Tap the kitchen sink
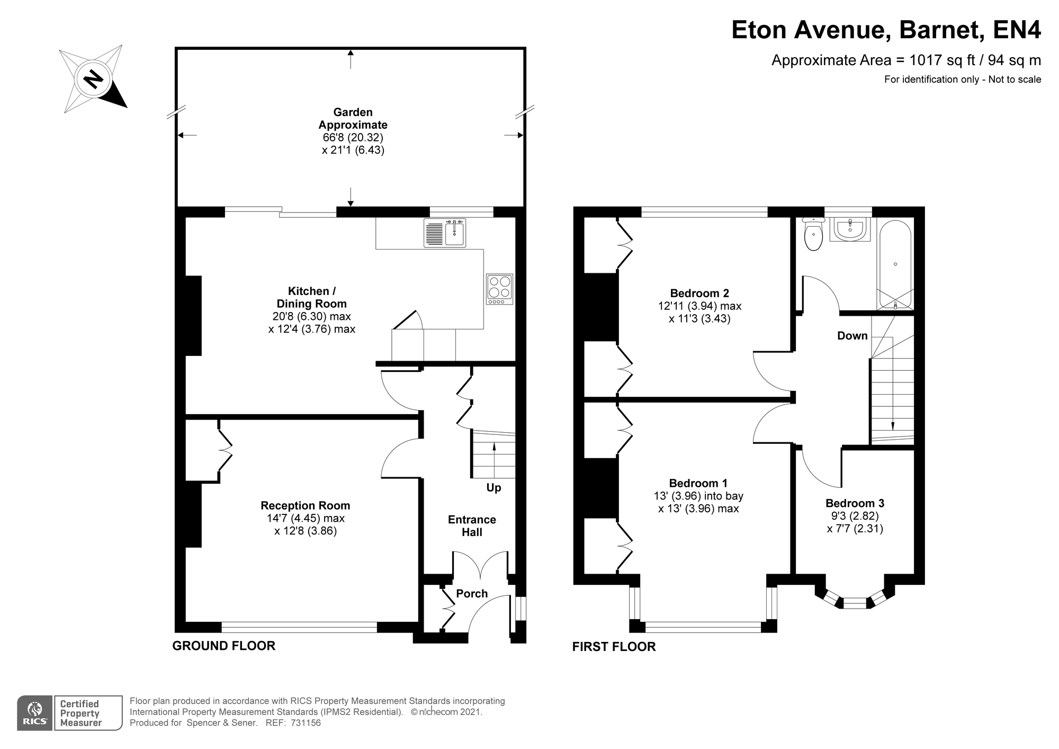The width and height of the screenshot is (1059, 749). (445, 233)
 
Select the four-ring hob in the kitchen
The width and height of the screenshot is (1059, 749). (500, 289)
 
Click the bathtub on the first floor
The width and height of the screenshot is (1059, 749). (895, 265)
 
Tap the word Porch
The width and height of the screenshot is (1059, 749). (472, 594)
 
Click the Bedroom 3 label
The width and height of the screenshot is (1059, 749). (855, 503)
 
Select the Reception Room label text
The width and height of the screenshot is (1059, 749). (306, 506)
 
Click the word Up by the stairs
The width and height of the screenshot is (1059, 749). (493, 488)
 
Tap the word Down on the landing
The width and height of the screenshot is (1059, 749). (852, 336)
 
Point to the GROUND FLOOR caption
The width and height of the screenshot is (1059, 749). (224, 646)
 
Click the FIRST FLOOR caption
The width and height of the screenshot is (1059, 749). (614, 647)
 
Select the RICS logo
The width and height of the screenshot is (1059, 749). (35, 713)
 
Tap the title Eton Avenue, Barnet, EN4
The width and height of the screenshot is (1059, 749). (886, 30)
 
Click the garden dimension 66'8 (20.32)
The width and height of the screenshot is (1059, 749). (353, 138)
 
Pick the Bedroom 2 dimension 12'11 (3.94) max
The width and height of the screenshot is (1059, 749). (699, 306)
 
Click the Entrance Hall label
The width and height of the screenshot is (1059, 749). (472, 526)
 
